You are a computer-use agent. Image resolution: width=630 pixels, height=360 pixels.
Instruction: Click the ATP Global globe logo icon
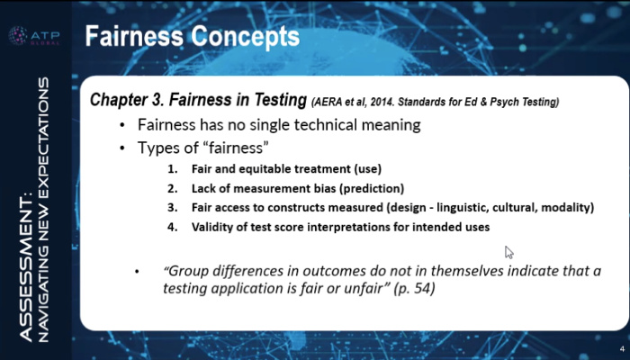point(18,36)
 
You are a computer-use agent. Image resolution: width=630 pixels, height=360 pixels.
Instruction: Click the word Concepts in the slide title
point(245,36)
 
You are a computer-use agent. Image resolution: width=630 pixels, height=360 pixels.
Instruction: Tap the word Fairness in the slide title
point(135,36)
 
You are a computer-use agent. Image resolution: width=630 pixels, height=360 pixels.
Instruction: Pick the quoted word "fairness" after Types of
point(236,148)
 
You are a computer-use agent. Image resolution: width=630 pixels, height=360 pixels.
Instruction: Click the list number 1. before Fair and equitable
point(173,169)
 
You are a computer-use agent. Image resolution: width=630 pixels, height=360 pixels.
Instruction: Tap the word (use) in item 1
point(367,169)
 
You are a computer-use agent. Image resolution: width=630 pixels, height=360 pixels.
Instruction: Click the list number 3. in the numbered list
point(173,208)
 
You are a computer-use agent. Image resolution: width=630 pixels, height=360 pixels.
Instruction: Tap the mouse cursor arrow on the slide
point(509,253)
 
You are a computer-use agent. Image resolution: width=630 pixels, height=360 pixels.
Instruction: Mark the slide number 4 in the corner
point(622,349)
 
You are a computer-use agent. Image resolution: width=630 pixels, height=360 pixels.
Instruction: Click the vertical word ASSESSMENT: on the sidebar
point(26,268)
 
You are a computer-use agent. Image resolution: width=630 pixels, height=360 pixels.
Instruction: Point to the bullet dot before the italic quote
point(137,272)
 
